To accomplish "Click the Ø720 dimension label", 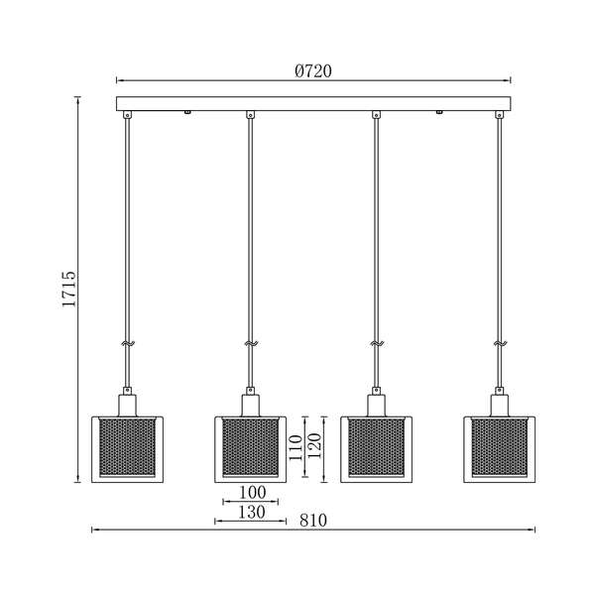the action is (313, 71).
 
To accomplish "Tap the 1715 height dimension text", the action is (69, 289).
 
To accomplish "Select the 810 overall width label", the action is (313, 521).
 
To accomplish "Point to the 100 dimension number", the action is (252, 493).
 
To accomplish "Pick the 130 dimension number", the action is (251, 513).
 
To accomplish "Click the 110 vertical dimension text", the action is (296, 448).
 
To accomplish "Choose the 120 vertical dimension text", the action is (314, 446).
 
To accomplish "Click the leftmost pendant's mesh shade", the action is (128, 447).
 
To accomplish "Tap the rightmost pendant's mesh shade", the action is (500, 447).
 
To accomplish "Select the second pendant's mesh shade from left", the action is (251, 447).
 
